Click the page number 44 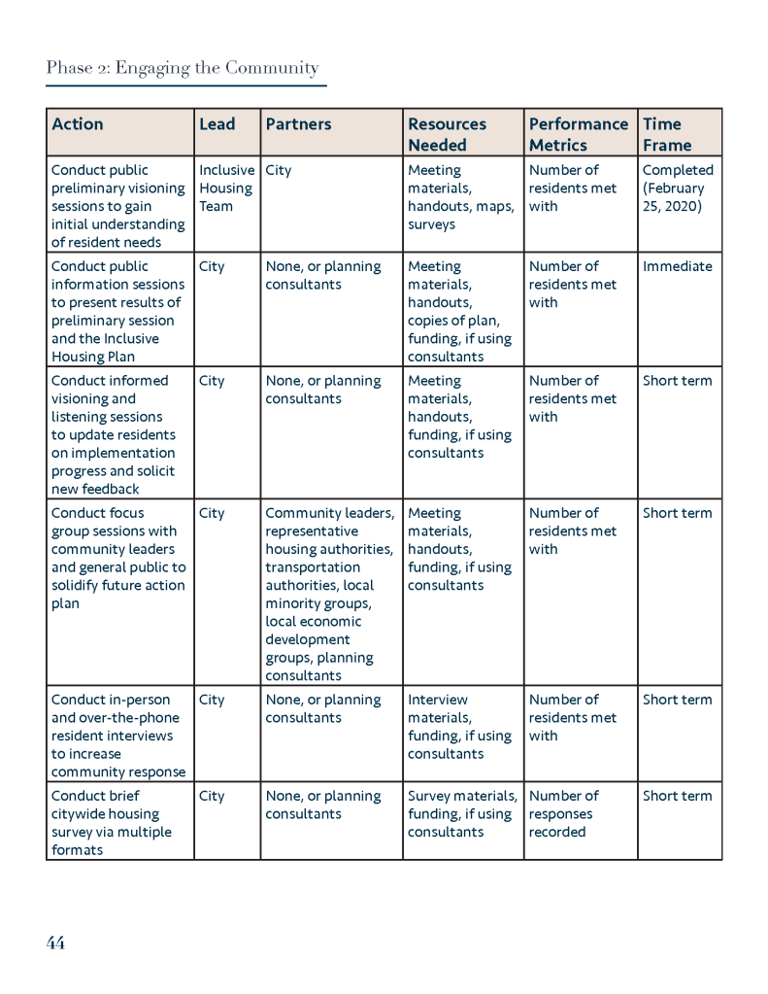coord(55,943)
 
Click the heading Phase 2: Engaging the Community coord(183,68)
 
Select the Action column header coord(78,124)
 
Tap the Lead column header coord(217,124)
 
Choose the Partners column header coord(298,124)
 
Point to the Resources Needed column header coord(447,134)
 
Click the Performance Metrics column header coord(578,134)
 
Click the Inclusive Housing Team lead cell coord(226,189)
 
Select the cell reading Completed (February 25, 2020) coord(678,189)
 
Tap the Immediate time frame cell coord(677,266)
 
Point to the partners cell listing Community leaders coord(330,594)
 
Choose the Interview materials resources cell coord(459,727)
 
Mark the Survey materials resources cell coord(461,814)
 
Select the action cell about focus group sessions coord(117,558)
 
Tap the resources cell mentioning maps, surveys coord(460,197)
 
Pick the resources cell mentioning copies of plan coord(459,311)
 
